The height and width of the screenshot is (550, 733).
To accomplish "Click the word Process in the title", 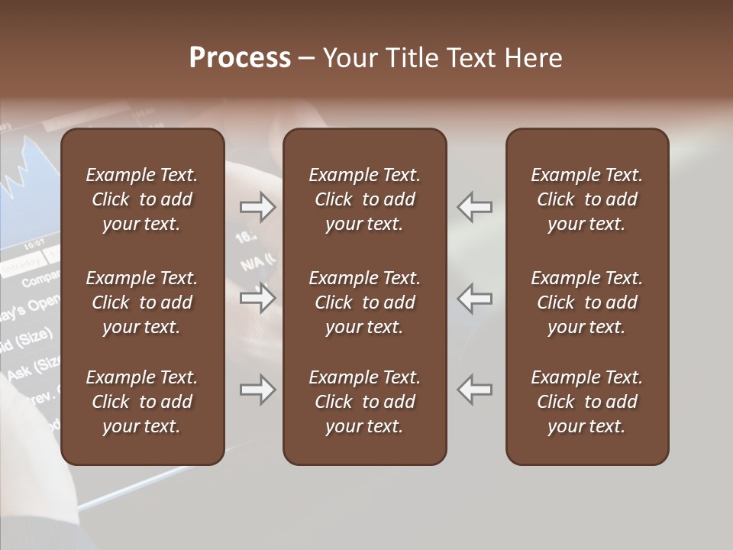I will click(240, 58).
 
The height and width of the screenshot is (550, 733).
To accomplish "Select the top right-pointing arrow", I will click(257, 207).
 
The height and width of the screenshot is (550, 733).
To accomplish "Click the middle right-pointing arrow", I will click(257, 298).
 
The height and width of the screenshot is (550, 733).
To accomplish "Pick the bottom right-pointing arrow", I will click(257, 390).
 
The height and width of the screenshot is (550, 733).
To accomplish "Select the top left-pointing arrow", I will click(475, 207).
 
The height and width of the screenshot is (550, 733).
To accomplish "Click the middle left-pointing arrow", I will click(475, 298).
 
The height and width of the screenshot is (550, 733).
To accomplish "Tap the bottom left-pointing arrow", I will click(475, 390).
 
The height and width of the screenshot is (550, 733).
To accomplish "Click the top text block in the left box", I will click(142, 199).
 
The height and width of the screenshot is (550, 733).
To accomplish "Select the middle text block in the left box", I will click(142, 302).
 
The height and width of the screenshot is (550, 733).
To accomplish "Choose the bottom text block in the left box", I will click(142, 402).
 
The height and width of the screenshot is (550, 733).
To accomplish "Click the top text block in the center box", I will click(364, 199).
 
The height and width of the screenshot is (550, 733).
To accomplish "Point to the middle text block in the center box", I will click(364, 302).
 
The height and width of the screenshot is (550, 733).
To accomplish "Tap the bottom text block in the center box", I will click(364, 402).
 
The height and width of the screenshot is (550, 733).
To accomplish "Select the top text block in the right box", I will click(587, 199).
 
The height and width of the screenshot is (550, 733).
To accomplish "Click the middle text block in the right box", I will click(587, 302).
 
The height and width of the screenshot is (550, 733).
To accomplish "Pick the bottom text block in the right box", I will click(587, 402).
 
